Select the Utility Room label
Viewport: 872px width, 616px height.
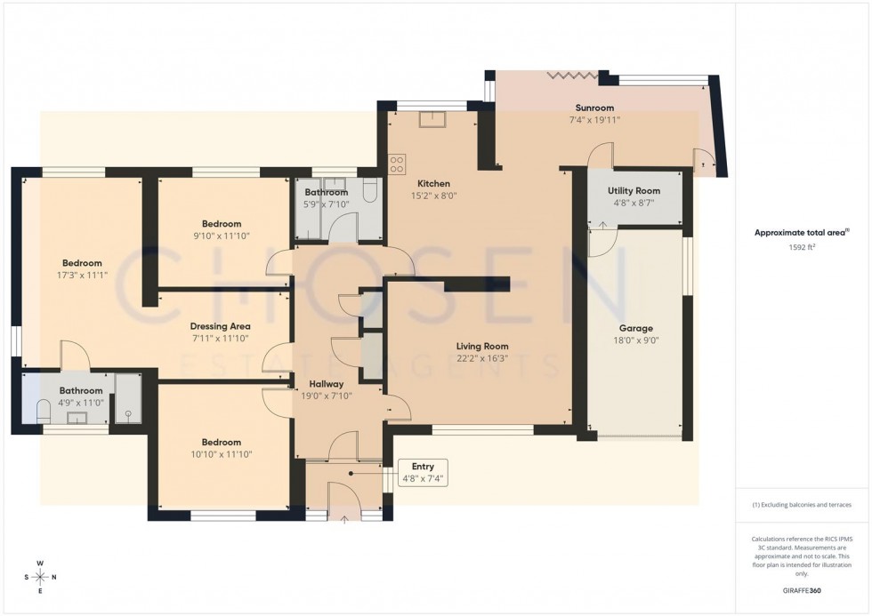(x=634, y=191)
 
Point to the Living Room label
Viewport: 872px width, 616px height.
(x=482, y=347)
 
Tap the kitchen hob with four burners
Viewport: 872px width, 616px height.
(x=397, y=164)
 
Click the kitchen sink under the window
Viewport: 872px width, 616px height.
(x=427, y=119)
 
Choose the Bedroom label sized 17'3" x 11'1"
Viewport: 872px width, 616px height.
(x=82, y=263)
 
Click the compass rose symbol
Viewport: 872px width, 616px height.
(x=40, y=577)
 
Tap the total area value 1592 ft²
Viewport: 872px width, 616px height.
(x=803, y=248)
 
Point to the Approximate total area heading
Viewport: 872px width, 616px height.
(x=802, y=233)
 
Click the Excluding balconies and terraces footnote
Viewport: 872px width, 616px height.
(x=802, y=505)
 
